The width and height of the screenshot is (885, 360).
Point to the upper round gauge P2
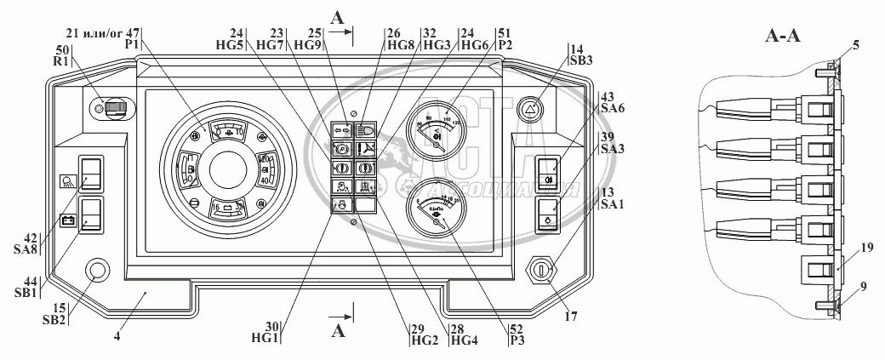click(x=437, y=131)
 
